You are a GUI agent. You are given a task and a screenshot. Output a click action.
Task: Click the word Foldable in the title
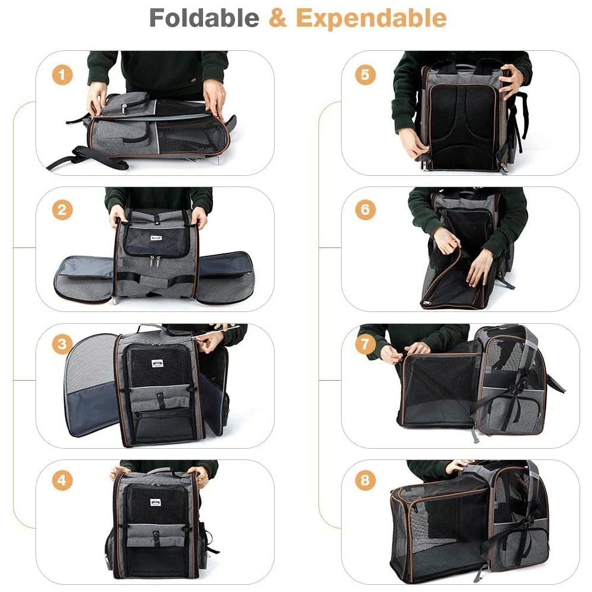click(x=204, y=18)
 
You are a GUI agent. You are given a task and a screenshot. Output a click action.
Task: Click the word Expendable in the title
click(x=371, y=18)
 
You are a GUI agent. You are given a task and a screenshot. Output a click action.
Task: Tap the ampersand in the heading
click(x=278, y=18)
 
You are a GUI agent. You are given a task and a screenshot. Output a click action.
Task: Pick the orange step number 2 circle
click(x=62, y=210)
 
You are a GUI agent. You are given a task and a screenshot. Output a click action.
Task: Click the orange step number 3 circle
click(x=62, y=344)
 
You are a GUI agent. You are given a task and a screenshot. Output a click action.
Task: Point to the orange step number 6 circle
click(x=365, y=210)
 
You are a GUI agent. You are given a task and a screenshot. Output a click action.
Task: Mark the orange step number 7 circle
click(x=365, y=344)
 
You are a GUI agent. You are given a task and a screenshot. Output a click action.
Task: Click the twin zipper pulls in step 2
click(x=155, y=261)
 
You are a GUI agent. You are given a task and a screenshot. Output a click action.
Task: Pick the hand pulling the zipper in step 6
click(x=446, y=240)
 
